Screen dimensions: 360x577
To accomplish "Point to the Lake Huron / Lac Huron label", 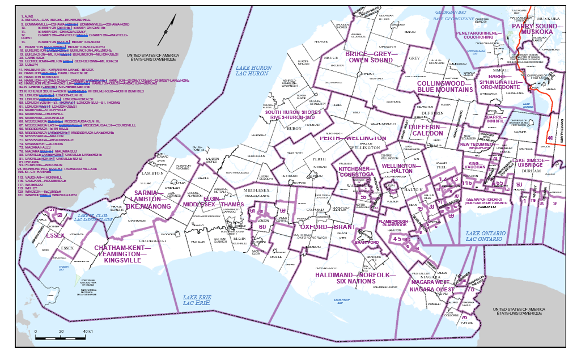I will point(252,71).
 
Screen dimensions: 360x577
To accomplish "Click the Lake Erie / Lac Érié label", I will point(196,300).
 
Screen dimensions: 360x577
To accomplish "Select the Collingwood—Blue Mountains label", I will point(445,86).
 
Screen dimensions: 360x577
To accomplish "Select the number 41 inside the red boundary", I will point(550,138).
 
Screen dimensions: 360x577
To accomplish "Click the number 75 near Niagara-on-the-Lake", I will point(470,290).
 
